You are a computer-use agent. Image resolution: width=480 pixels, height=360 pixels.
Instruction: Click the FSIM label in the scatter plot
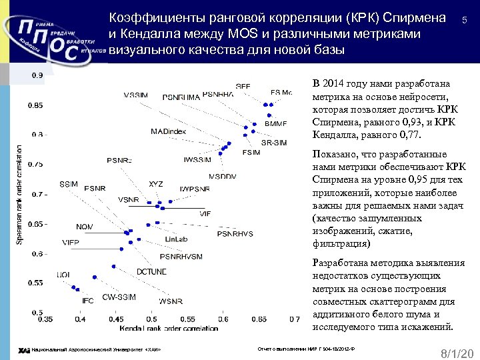251,153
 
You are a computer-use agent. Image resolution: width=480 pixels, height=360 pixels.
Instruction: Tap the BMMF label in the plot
275,124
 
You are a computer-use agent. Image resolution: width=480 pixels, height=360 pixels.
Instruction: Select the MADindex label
168,131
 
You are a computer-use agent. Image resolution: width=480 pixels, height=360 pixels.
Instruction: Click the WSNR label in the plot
170,301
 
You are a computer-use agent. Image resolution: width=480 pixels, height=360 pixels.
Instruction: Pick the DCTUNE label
151,271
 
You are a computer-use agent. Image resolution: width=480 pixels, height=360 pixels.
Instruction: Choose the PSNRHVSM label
181,256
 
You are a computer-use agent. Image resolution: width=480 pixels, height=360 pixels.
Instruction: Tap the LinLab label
175,239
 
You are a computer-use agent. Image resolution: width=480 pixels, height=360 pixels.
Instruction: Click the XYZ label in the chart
155,183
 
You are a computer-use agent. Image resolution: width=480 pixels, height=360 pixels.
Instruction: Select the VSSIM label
136,95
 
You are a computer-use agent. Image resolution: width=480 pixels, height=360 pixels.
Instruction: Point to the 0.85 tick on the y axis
35,105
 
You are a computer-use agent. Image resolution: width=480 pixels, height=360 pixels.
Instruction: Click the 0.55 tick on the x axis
188,319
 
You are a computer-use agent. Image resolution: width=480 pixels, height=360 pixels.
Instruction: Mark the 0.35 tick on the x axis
45,319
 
